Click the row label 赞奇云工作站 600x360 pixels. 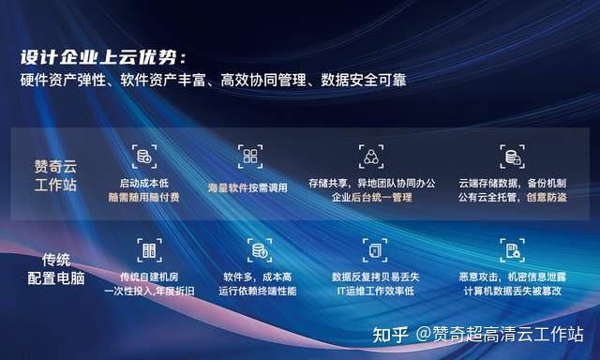[53, 173]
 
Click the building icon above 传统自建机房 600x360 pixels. [147, 249]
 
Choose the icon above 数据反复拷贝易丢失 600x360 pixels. [373, 249]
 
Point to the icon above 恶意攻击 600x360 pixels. [511, 249]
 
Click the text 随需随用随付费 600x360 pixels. [143, 199]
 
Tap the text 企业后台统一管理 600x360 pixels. [371, 199]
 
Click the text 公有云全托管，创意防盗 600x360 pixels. [513, 199]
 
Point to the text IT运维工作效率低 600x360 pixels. [373, 292]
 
